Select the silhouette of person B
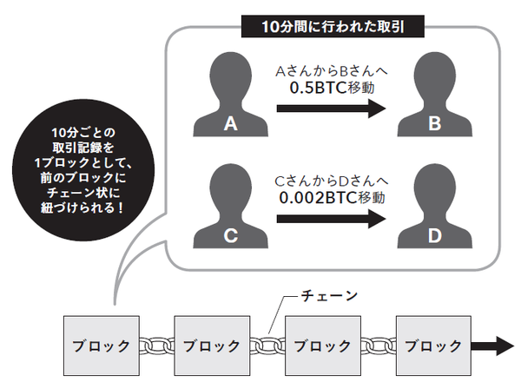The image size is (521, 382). point(434,97)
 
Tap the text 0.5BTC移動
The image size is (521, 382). point(329,87)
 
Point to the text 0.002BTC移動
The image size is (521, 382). point(329,198)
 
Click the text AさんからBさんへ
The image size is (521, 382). point(329,69)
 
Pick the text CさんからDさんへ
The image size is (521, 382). point(329,180)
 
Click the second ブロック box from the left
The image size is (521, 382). point(208,345)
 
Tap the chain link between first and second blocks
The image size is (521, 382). point(154,345)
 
